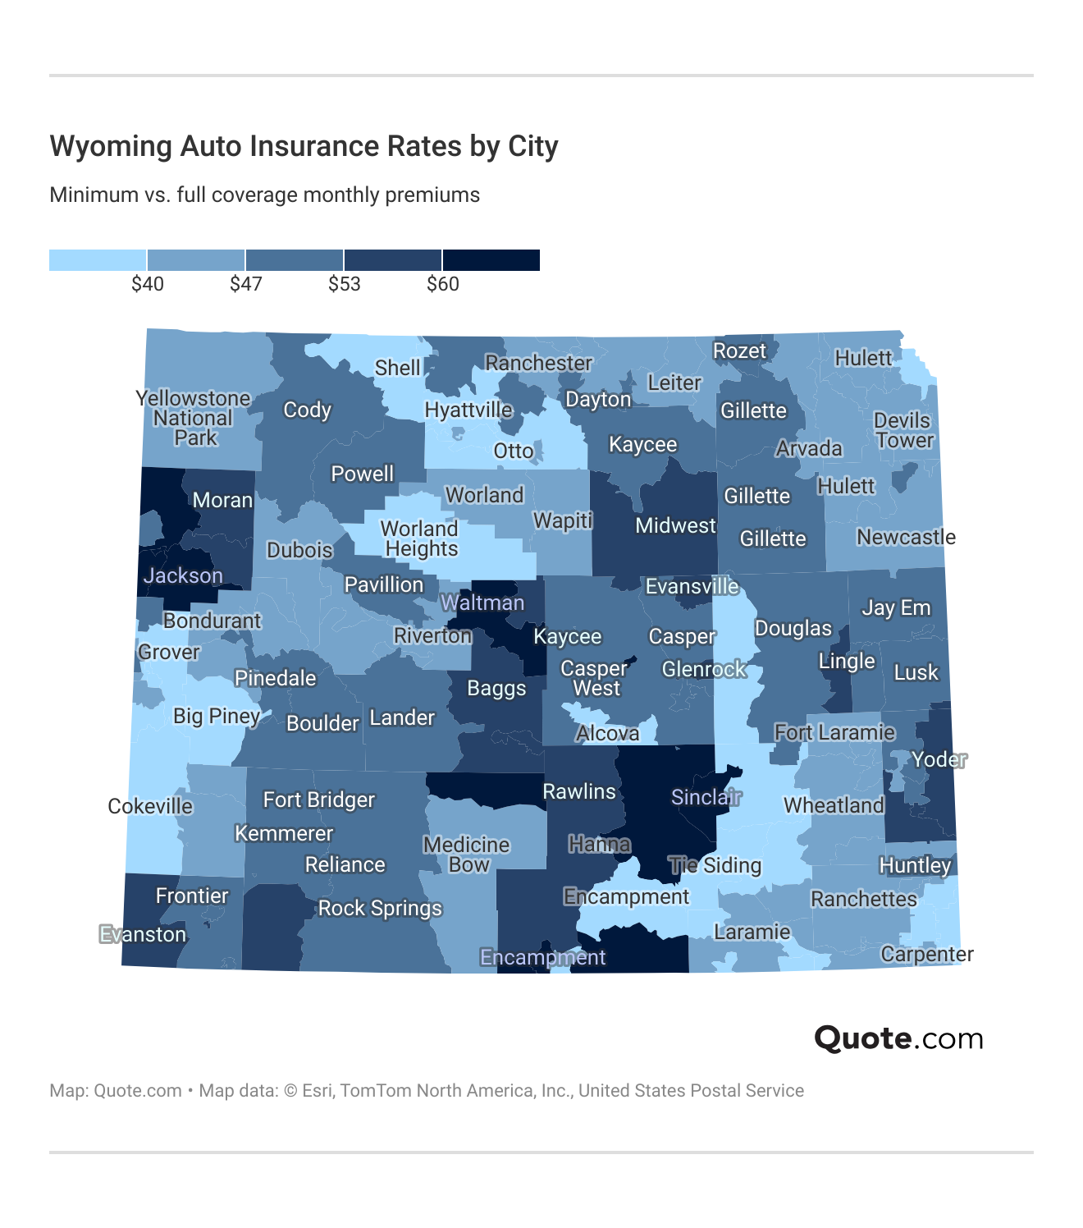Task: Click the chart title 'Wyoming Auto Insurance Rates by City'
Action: point(304,146)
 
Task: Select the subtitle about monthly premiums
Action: point(264,195)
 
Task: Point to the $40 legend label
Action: point(148,284)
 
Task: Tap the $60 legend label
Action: point(443,284)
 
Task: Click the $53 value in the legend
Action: point(345,284)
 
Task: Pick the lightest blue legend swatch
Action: point(98,260)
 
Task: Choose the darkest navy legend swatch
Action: point(491,260)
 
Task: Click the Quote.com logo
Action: point(898,1038)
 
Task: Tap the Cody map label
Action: point(307,410)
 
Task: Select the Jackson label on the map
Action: point(183,575)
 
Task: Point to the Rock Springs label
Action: point(380,908)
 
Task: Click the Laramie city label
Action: point(752,932)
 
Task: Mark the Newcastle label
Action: point(906,537)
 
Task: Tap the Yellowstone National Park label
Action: point(194,418)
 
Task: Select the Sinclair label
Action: point(706,797)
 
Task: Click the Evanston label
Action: point(143,934)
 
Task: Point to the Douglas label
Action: point(793,628)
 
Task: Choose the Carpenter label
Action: point(926,954)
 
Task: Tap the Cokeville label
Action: point(150,806)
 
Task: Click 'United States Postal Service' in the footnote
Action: point(691,1090)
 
